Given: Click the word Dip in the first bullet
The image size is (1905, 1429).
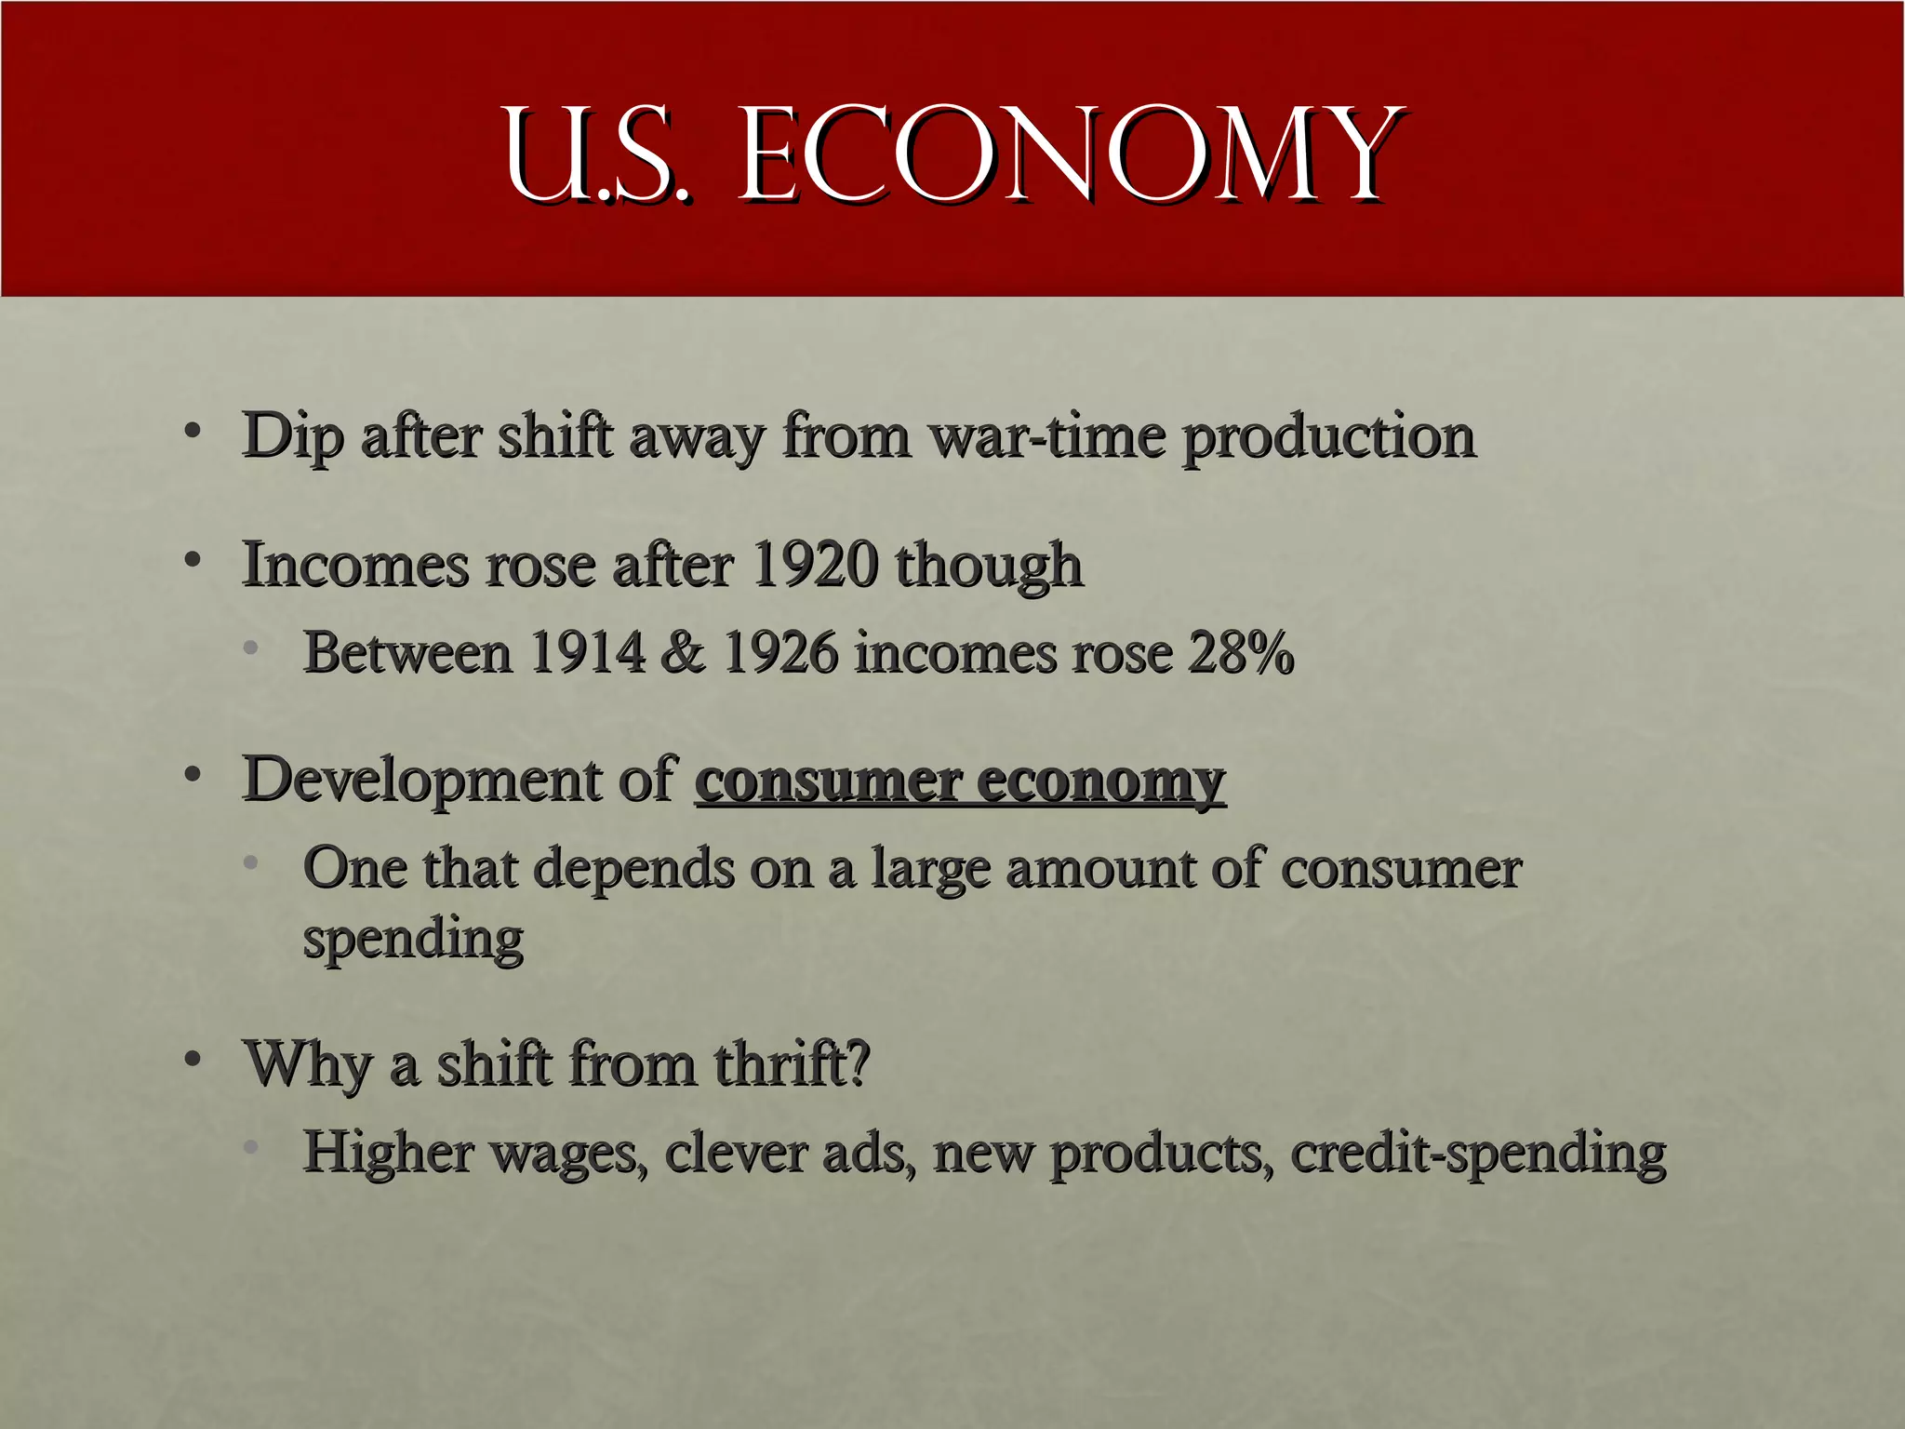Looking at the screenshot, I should (x=292, y=436).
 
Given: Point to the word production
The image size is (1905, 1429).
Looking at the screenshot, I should (x=1328, y=436).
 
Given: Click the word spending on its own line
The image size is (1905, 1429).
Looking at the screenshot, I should (x=413, y=940).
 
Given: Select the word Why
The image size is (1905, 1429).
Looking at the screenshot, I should (x=308, y=1064).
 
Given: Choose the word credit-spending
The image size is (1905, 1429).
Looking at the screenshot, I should (x=1477, y=1154).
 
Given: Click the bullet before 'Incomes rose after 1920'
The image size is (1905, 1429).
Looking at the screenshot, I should (x=193, y=560).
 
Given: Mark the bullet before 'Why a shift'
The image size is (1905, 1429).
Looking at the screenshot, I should (x=193, y=1059).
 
